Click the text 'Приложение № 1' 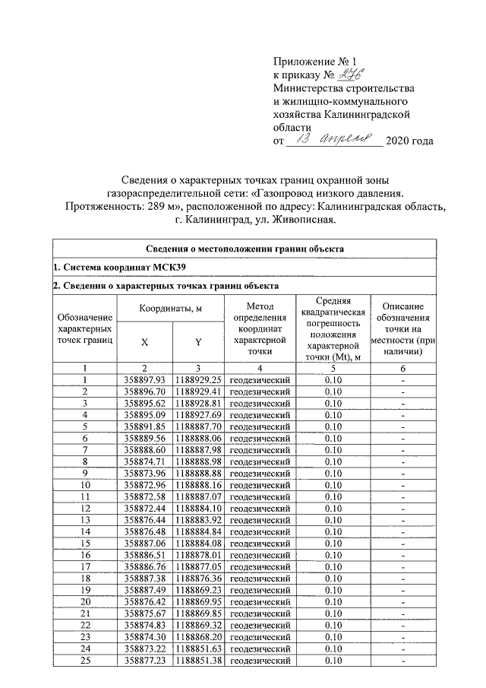pos(314,61)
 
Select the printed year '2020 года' pos(410,142)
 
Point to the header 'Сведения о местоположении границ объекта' pos(245,249)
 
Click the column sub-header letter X pos(144,343)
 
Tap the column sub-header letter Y pos(197,343)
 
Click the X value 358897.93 pos(144,379)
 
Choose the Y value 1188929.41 pos(197,391)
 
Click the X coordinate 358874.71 pos(144,461)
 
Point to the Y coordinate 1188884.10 pos(197,508)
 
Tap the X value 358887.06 pos(144,544)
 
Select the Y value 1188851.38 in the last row pos(197,661)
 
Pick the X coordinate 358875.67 pos(144,613)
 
